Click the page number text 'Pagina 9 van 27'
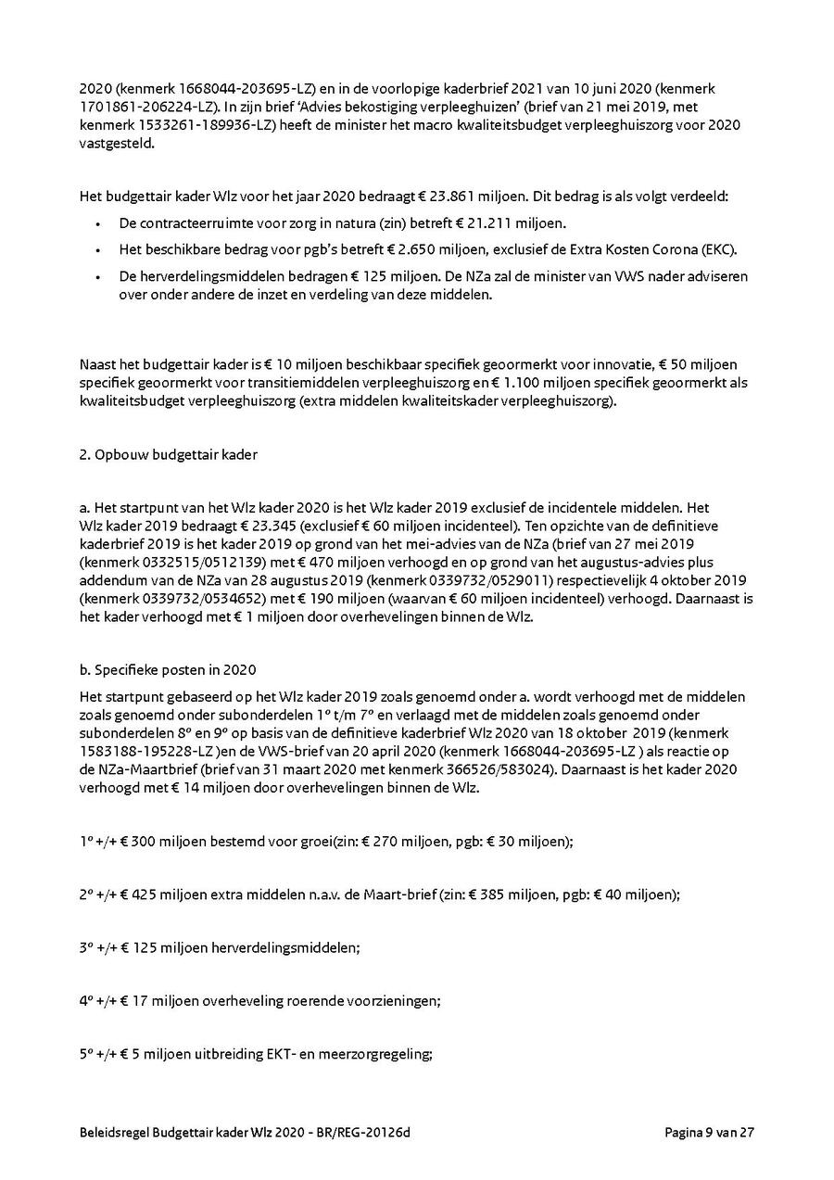(x=710, y=1133)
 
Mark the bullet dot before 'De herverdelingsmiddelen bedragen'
(x=99, y=277)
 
